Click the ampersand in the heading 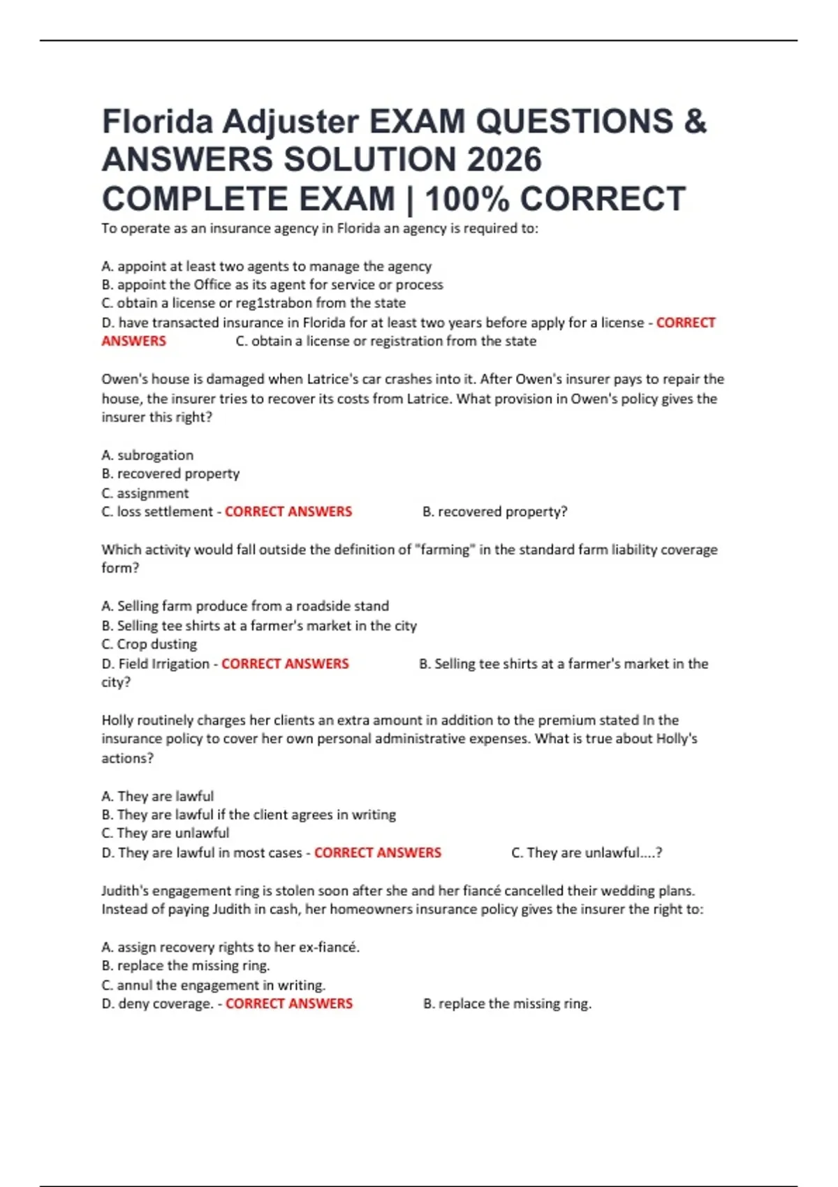(696, 121)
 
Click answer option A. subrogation (147, 455)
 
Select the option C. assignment (145, 493)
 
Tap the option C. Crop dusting (149, 644)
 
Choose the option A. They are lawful (157, 796)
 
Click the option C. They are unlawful (165, 833)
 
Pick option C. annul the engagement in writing (213, 985)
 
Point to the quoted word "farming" (444, 550)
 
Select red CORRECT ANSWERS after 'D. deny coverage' (289, 1003)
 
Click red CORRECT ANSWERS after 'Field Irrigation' (285, 663)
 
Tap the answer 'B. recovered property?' (494, 512)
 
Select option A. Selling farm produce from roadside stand (245, 606)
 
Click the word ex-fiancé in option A (329, 948)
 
